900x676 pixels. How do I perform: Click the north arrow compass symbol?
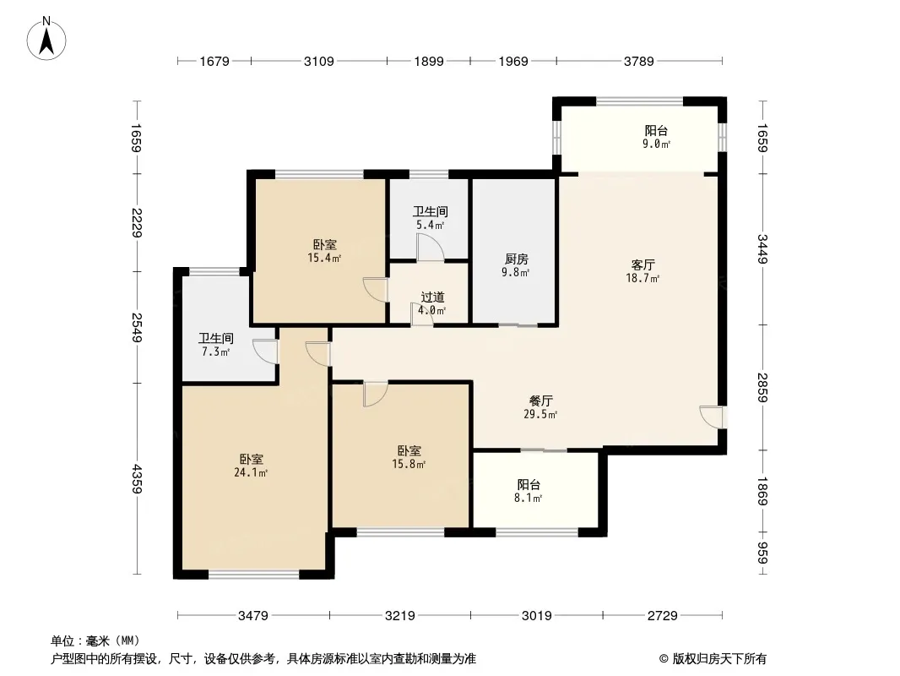(46, 39)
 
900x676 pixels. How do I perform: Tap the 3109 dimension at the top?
(318, 61)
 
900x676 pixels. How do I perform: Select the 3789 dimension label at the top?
(639, 61)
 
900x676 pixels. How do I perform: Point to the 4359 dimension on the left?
(137, 478)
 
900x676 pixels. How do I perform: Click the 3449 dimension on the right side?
(763, 248)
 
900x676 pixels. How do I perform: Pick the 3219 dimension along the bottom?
(400, 616)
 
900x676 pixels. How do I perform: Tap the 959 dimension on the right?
(763, 553)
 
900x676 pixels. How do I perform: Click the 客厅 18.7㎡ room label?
(642, 271)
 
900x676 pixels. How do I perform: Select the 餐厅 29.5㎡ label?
(540, 407)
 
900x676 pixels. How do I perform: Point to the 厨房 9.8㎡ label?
(516, 265)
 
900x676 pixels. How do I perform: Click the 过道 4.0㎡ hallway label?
(432, 304)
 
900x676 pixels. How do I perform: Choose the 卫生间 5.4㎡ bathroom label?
(431, 218)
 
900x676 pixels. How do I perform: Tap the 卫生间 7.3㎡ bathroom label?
(216, 345)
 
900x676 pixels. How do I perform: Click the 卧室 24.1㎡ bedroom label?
(252, 466)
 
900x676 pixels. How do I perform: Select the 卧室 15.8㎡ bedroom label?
(409, 457)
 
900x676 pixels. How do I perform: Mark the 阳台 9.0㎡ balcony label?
(656, 137)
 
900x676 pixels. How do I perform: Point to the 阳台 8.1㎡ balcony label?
(529, 491)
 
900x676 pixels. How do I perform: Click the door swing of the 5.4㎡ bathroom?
(431, 247)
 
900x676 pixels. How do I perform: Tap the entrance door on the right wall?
(711, 417)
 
